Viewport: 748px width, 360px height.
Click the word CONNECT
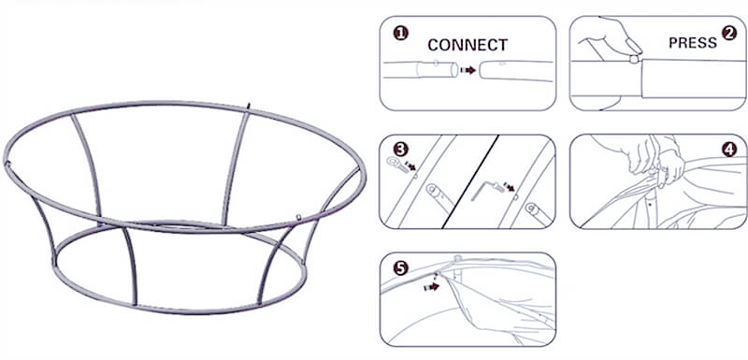click(467, 45)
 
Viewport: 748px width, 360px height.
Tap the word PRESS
click(693, 43)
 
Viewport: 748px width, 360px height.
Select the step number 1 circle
click(401, 34)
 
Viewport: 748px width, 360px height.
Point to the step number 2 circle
click(728, 34)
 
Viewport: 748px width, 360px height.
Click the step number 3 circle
click(401, 151)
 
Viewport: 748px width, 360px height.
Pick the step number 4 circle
click(729, 151)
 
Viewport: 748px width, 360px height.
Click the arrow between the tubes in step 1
click(468, 70)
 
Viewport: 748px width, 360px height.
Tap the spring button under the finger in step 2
click(634, 59)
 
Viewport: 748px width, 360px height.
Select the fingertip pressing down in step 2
click(635, 46)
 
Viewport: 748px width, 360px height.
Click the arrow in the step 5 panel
click(432, 287)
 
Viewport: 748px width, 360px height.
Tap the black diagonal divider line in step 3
click(470, 180)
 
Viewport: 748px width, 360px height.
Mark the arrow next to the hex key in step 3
click(510, 186)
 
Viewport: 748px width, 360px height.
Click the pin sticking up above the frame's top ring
click(248, 106)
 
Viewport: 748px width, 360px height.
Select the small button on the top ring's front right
click(298, 217)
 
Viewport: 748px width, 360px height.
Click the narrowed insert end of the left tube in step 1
click(437, 69)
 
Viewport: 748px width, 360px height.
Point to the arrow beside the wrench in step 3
click(410, 166)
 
